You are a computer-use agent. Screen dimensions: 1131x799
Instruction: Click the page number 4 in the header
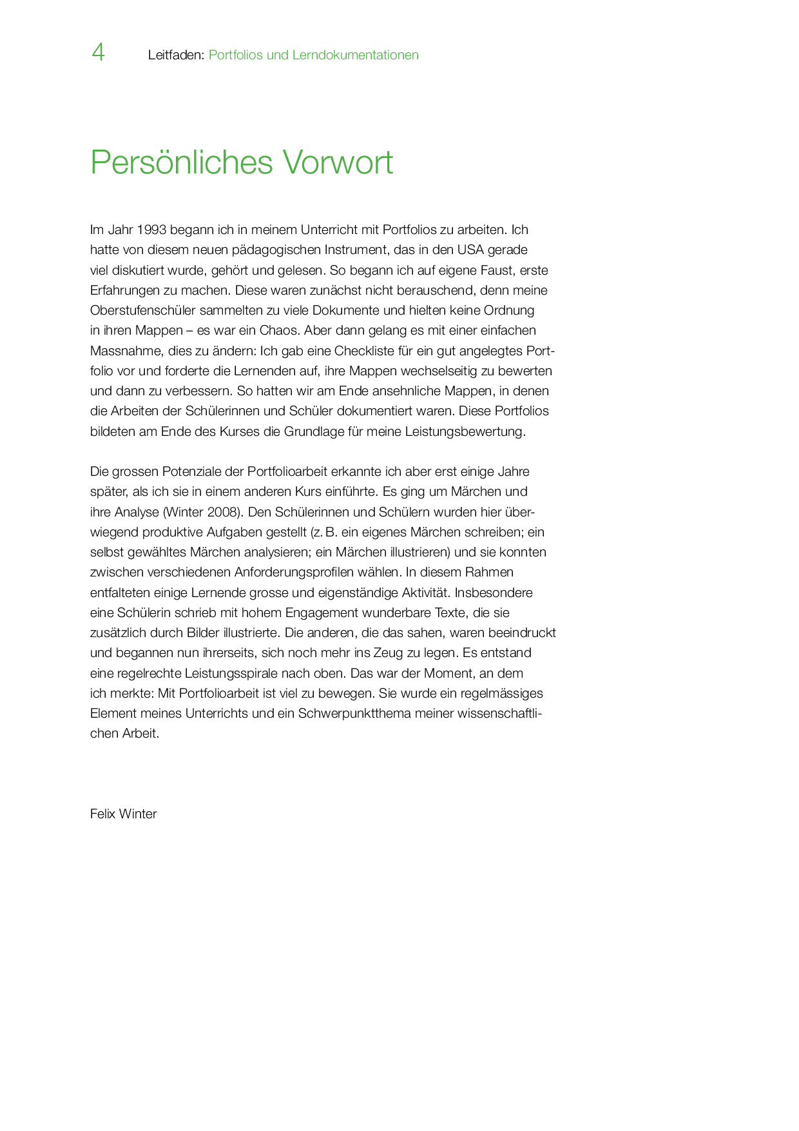[x=98, y=52]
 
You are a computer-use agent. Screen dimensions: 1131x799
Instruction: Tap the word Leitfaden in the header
[x=175, y=55]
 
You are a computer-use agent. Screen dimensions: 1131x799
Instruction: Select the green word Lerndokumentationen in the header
[x=355, y=55]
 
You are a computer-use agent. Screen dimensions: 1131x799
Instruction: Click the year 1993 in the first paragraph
[x=151, y=230]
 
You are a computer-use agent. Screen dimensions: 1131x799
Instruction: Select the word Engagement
[x=322, y=613]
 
